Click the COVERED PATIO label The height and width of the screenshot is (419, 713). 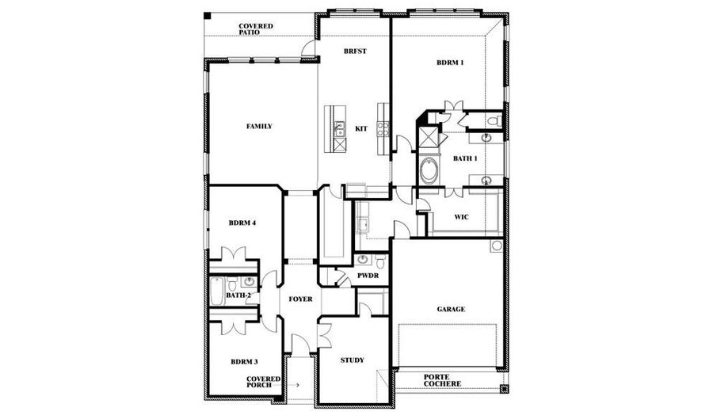coord(256,29)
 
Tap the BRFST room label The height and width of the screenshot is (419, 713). coord(355,51)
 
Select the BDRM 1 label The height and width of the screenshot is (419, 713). coord(450,63)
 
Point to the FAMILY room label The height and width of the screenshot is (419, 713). coord(259,127)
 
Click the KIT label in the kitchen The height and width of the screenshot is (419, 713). coord(361,129)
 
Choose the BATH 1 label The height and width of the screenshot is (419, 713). coord(465,158)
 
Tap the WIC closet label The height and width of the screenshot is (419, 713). coord(462,217)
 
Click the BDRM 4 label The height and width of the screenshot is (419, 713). coord(242,223)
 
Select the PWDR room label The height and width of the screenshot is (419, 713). coord(368,276)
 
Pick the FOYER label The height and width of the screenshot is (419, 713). coord(300,299)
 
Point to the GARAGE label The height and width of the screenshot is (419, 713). coord(451,310)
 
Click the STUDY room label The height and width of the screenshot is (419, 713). coord(353,360)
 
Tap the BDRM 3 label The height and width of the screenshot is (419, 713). coord(244,362)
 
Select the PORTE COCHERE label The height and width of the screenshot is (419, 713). coord(442,380)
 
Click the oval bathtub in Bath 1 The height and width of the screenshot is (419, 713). coord(429,171)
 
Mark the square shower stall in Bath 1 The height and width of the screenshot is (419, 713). coord(428,137)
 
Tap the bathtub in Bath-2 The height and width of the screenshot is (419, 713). coord(217,291)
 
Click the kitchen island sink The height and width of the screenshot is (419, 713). coord(339,129)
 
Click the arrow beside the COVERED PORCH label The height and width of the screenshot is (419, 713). coord(292,385)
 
